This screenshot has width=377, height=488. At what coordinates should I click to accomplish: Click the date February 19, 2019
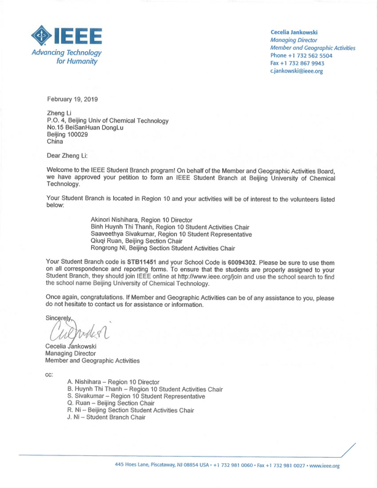[x=72, y=99]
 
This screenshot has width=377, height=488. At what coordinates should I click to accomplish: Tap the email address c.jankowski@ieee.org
[x=296, y=71]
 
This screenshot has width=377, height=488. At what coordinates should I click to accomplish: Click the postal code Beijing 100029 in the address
[x=67, y=134]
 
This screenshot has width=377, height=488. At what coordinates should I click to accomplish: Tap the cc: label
[x=50, y=374]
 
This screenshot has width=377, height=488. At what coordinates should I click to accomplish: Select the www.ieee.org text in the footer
[x=323, y=465]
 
